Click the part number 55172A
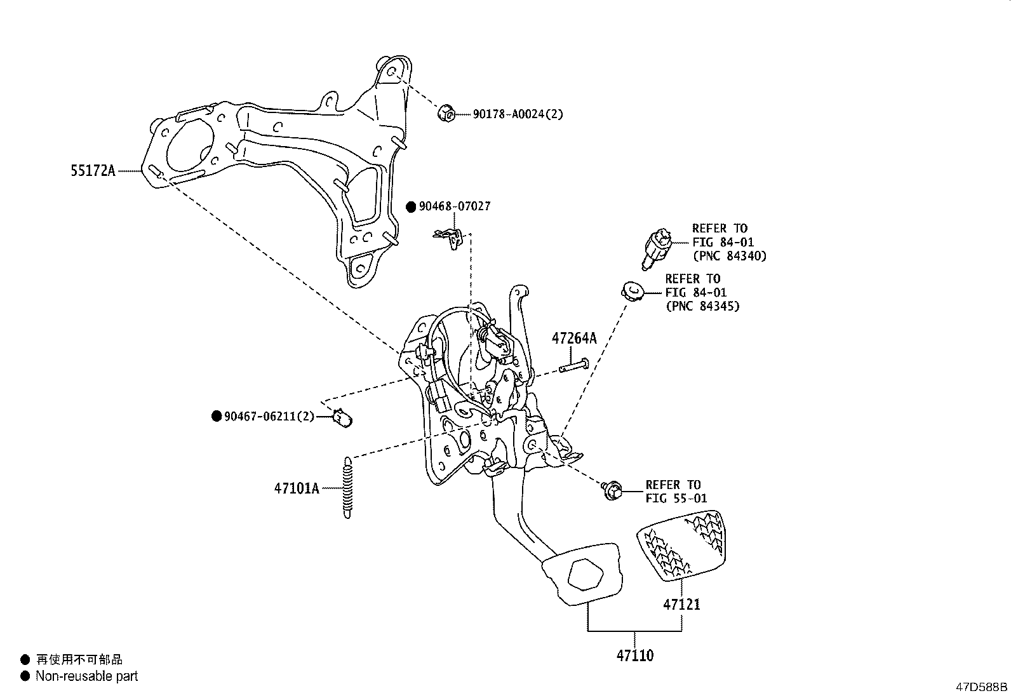click(x=93, y=170)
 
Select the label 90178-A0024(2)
click(x=517, y=114)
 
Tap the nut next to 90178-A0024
click(x=446, y=114)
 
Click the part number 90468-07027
click(x=454, y=206)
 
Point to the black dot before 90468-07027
click(x=411, y=207)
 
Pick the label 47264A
click(x=574, y=339)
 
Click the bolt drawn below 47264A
click(x=574, y=366)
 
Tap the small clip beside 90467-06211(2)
click(x=344, y=418)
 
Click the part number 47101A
click(x=297, y=488)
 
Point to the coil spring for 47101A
click(x=347, y=488)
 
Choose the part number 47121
click(x=681, y=604)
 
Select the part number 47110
click(x=634, y=655)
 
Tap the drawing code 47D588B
click(x=982, y=687)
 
